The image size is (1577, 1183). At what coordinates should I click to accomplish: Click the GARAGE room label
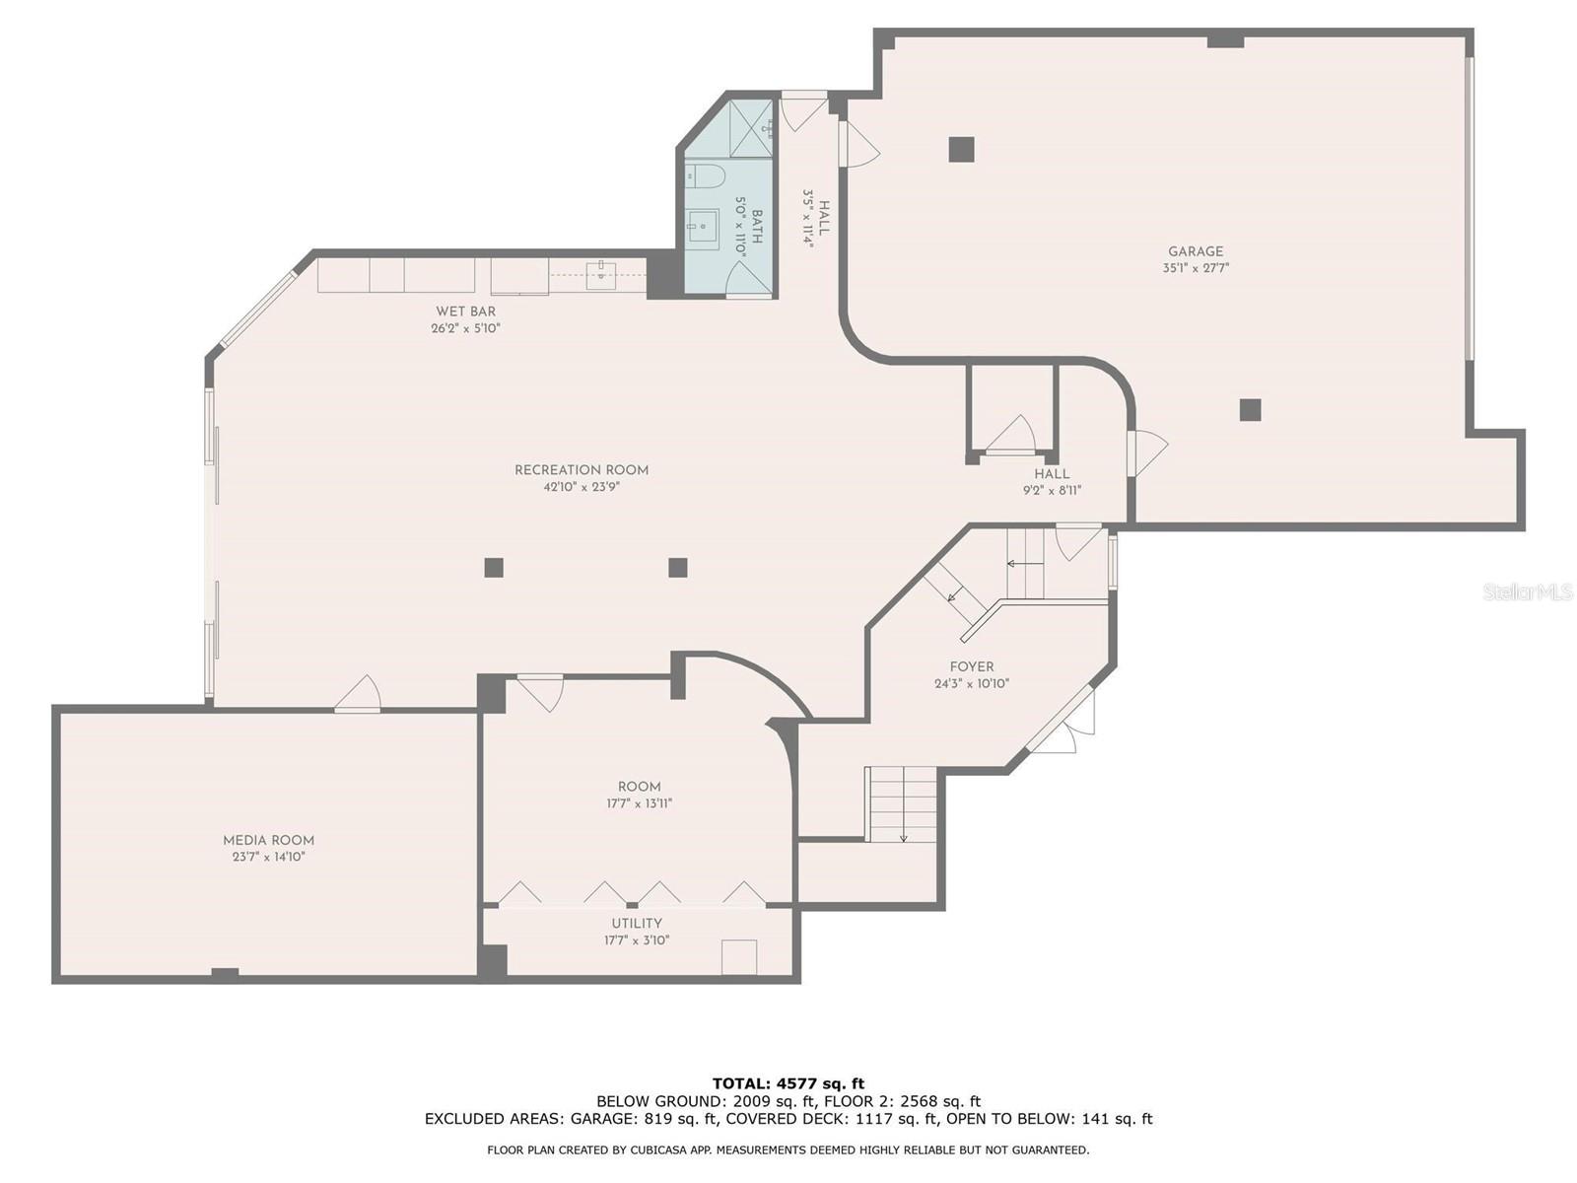[1196, 251]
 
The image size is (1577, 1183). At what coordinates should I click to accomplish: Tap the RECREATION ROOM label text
[582, 470]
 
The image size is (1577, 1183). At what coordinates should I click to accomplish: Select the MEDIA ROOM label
[268, 841]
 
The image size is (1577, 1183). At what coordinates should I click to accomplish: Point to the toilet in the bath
[706, 177]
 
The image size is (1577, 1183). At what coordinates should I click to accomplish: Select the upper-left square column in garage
[961, 149]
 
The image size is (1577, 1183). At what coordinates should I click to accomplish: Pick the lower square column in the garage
[1250, 409]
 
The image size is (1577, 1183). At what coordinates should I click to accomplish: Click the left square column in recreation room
[494, 567]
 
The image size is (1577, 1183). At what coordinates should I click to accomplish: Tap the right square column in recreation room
[677, 567]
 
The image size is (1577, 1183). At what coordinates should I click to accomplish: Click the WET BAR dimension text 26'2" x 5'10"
[465, 328]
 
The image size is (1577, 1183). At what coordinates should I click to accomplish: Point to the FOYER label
[972, 667]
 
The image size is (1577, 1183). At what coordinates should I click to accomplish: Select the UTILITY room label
[637, 924]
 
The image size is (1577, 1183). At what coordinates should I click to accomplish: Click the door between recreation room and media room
[358, 696]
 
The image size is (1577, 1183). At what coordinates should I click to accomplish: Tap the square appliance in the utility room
[738, 957]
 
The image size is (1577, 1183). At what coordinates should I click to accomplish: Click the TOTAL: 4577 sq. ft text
[788, 1083]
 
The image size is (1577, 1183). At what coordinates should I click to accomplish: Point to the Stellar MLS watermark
[1527, 592]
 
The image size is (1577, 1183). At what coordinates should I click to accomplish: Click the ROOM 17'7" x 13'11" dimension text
[639, 803]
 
